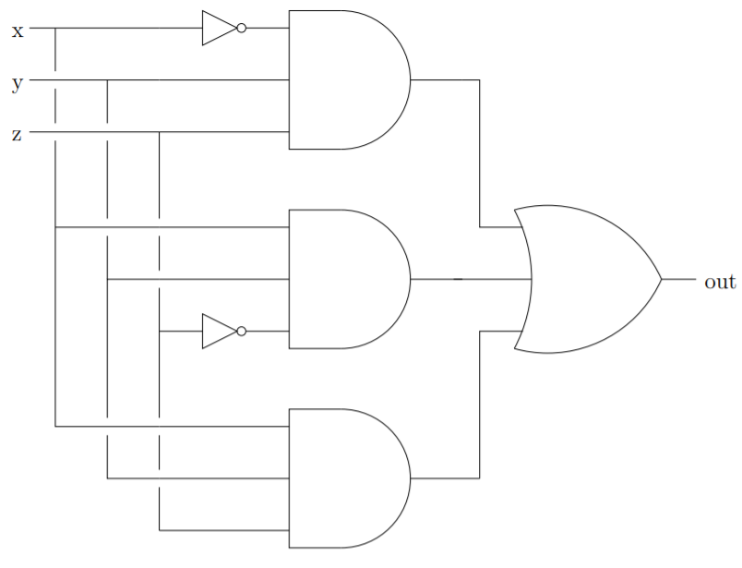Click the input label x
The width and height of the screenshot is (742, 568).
pos(17,31)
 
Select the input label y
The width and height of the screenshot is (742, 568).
pos(17,84)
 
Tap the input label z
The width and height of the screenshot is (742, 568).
pos(17,135)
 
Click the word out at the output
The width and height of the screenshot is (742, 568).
pos(720,282)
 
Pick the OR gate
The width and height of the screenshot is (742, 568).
pos(586,279)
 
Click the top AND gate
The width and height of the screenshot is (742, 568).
pos(346,79)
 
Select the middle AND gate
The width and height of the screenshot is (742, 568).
pos(346,279)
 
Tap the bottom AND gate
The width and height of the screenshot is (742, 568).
pos(346,478)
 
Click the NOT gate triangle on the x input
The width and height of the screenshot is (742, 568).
pos(218,29)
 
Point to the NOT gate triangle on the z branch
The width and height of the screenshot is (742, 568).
pos(218,331)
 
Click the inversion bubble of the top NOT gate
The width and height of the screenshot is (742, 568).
pos(242,29)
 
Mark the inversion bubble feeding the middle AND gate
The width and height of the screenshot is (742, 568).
pos(242,331)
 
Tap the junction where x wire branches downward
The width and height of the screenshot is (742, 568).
pos(56,29)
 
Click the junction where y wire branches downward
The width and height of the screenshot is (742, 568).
pos(108,80)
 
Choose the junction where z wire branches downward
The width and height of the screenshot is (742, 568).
pos(160,132)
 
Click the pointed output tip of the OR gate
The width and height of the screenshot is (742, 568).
pos(660,279)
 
